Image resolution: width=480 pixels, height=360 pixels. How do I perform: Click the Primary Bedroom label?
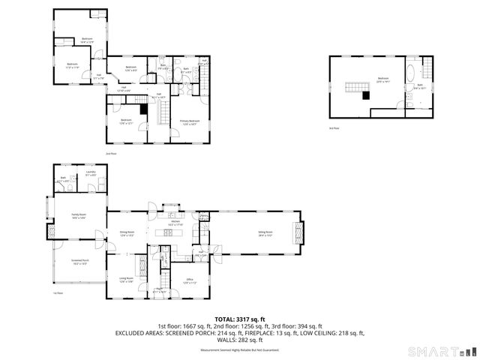189,122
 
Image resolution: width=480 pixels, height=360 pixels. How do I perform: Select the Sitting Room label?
265,233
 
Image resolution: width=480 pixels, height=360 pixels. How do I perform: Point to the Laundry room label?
91,173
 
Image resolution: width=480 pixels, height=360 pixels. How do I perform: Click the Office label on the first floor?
189,281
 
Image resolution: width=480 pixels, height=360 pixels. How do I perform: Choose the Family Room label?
79,216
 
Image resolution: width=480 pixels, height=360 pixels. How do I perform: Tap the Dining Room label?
127,233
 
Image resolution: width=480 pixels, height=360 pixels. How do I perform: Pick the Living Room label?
125,280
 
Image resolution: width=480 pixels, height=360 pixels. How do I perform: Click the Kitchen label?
175,223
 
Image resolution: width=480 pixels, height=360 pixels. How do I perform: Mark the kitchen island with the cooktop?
166,232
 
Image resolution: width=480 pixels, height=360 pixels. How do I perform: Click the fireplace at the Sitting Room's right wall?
300,233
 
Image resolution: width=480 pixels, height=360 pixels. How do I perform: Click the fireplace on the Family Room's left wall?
52,232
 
